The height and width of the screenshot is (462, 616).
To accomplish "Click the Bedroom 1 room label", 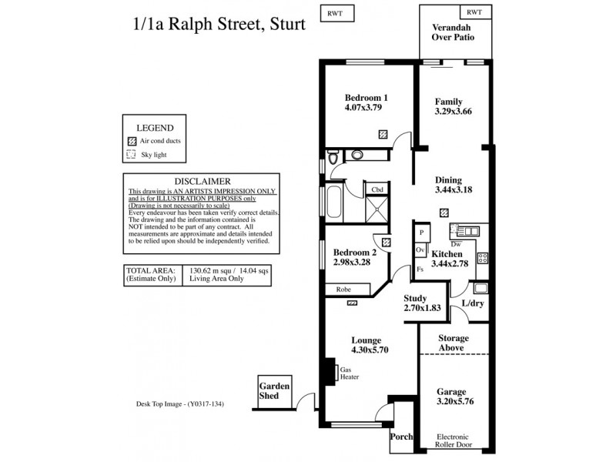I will point(366,98).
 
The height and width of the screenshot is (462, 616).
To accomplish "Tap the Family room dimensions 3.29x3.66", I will point(453,112).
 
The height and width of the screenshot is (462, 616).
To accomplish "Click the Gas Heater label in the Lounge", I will point(349,373).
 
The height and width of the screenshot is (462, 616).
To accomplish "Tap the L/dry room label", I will point(474,303).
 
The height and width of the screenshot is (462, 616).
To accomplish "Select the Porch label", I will point(401,437).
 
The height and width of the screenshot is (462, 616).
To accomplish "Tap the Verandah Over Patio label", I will point(452,31).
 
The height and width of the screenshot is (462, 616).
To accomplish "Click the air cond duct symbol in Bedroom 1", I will point(383,133).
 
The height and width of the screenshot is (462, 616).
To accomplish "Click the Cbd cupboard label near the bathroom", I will point(377,189).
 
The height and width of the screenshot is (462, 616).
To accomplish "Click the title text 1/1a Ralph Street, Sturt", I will point(219,23).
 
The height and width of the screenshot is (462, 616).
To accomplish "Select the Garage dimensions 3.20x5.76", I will point(452,401).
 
